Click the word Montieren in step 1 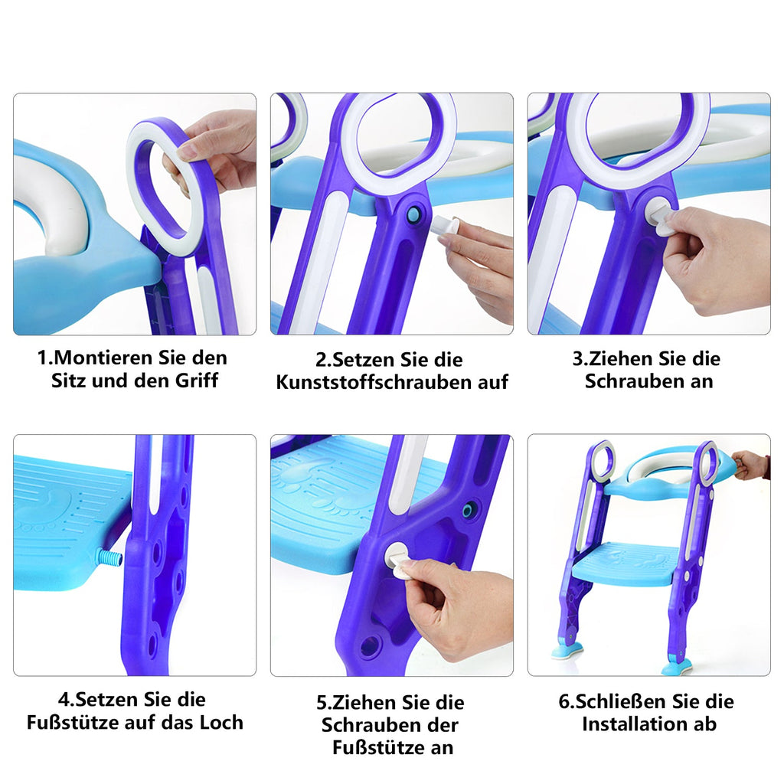(x=108, y=358)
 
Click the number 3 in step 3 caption (x=577, y=358)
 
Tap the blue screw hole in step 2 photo (x=413, y=215)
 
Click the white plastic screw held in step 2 (x=445, y=226)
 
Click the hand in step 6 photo (x=751, y=464)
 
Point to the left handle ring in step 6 (x=602, y=461)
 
